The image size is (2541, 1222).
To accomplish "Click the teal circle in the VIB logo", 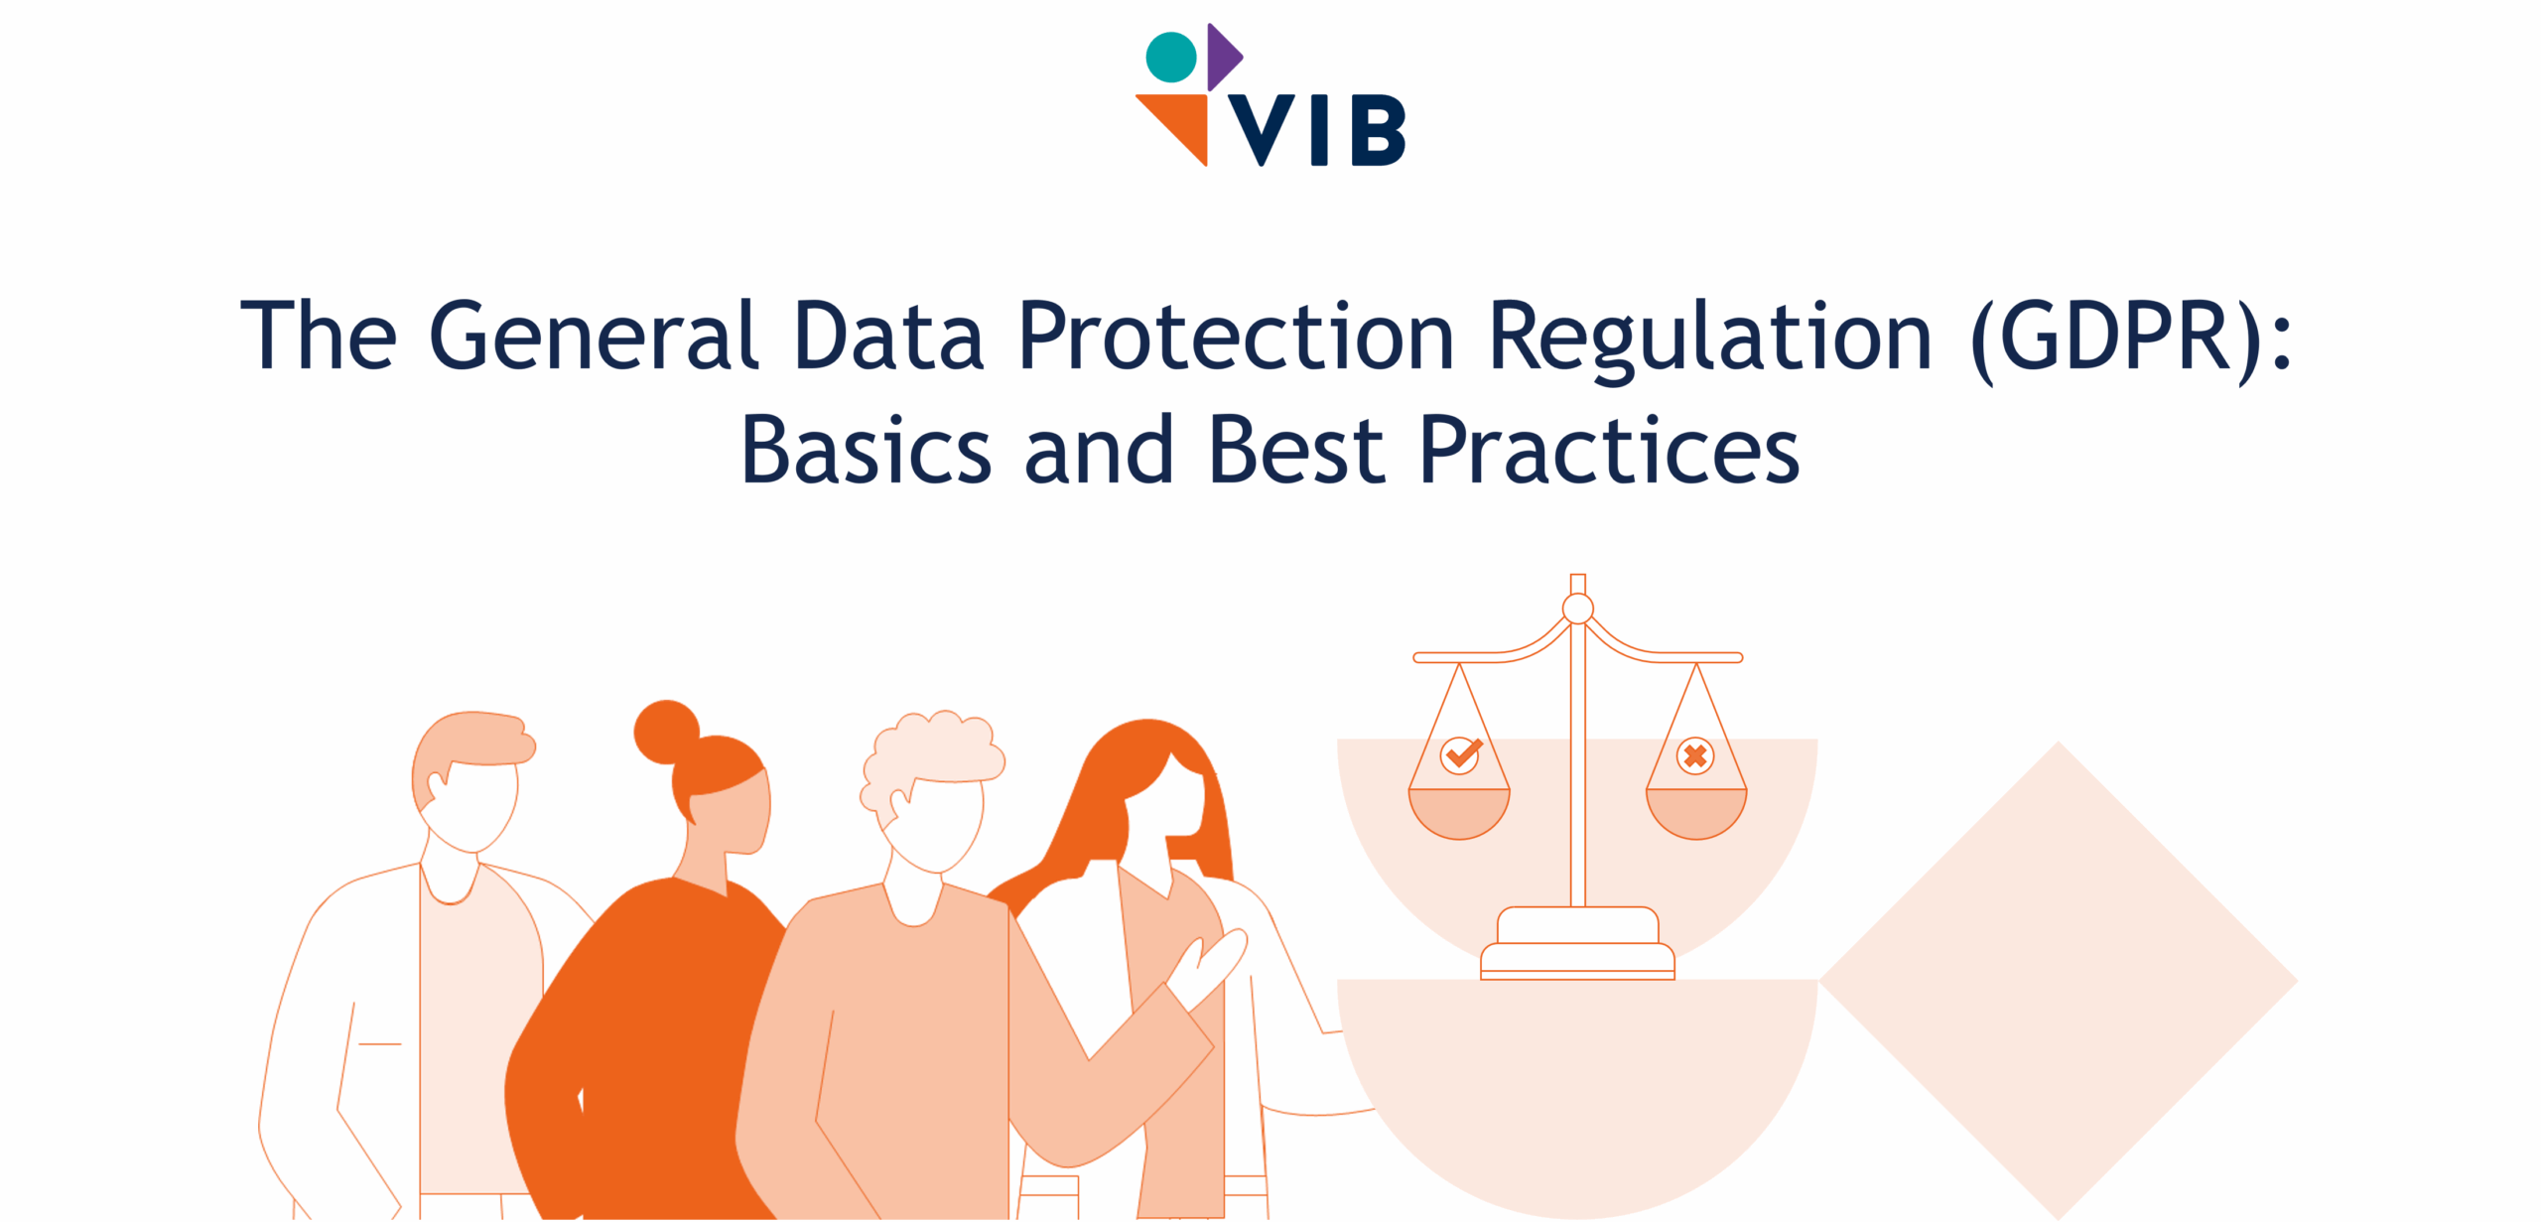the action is (1171, 57).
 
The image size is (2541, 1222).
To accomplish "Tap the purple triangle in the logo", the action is (1223, 57).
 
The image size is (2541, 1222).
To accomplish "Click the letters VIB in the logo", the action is (1317, 130).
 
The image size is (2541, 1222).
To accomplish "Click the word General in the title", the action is (595, 335).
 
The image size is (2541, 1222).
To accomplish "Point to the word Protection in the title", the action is (1237, 335).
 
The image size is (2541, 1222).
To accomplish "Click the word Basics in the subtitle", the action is (867, 450).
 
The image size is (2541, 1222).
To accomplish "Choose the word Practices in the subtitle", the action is (1609, 450).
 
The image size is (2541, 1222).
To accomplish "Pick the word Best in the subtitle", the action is (1296, 450).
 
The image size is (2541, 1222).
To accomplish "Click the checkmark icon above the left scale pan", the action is (1460, 755).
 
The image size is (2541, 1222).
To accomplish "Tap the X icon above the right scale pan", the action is (1695, 755).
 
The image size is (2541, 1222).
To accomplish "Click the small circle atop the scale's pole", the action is (1578, 609).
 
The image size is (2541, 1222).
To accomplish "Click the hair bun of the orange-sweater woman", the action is (666, 733).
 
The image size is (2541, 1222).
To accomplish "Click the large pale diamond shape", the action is (2058, 980).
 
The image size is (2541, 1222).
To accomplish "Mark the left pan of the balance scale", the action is (1459, 813).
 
